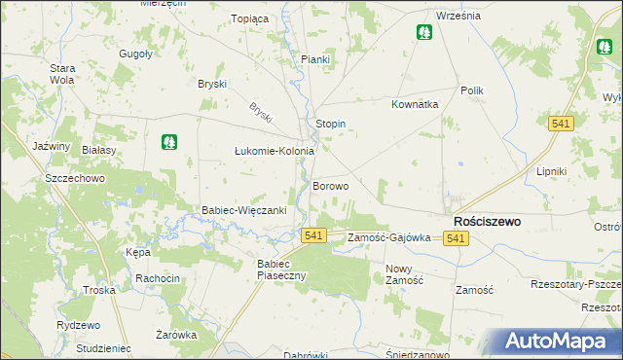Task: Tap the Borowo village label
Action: tap(331, 186)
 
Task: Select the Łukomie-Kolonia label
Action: tap(275, 152)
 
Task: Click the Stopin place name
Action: tap(332, 125)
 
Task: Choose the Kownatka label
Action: tap(415, 104)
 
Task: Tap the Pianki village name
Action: tap(315, 60)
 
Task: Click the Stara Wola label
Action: tap(63, 74)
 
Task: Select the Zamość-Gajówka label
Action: tap(389, 237)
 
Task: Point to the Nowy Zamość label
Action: tap(404, 274)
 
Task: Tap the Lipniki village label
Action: tap(551, 171)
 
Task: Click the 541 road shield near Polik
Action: tap(560, 124)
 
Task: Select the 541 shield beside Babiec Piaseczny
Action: tap(312, 236)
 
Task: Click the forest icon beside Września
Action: tap(424, 33)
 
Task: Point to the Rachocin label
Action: tap(158, 278)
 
